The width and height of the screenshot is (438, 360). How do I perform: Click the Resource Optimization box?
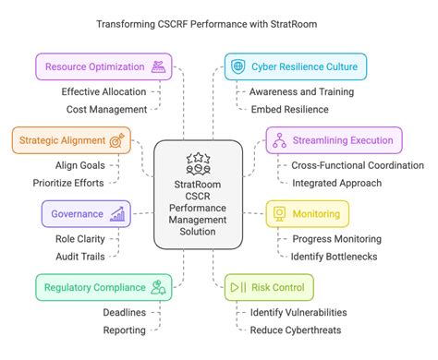coord(103,66)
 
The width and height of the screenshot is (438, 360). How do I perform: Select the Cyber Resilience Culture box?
coord(296,66)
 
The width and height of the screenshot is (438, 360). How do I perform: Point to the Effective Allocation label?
coord(103,91)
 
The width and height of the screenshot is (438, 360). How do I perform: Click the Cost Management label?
coord(106,109)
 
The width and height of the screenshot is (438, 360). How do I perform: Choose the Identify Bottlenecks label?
coord(335,256)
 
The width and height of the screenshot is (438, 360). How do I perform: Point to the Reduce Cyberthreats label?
coord(295,330)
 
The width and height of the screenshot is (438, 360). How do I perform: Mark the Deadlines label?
coord(124,312)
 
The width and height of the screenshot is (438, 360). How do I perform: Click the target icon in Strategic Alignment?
coord(117,140)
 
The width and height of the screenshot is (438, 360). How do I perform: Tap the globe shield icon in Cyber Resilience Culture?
coord(239,66)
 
